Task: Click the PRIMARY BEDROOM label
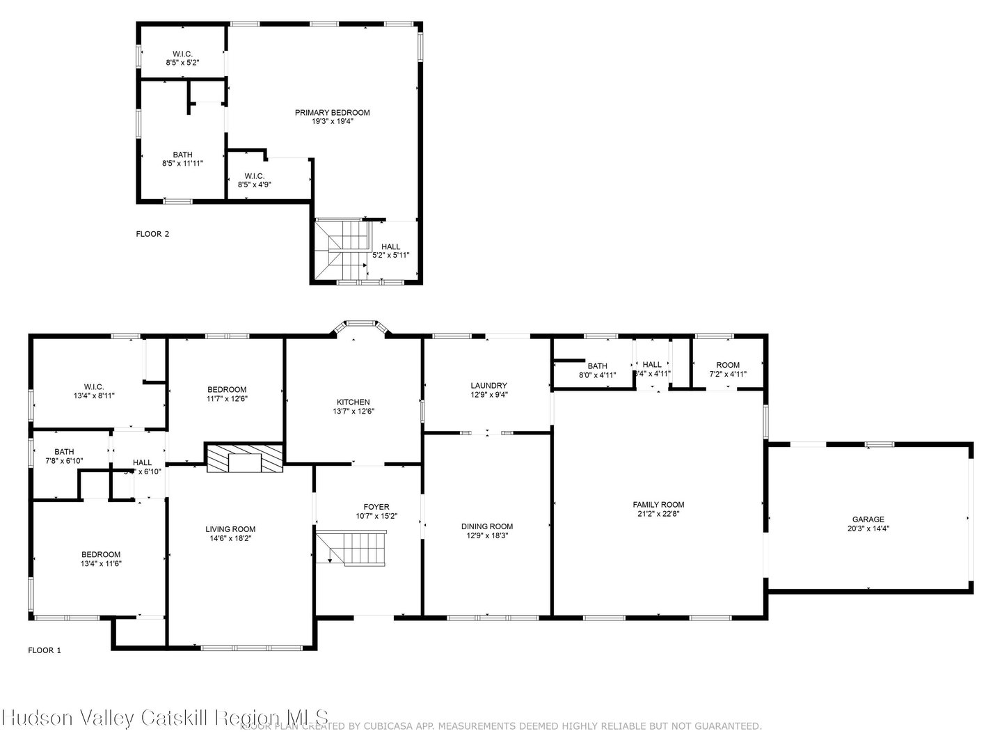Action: point(332,113)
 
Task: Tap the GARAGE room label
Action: point(868,519)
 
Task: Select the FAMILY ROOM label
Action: point(658,505)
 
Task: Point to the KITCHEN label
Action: point(353,402)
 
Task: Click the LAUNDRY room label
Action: point(488,386)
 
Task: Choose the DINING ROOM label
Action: point(487,527)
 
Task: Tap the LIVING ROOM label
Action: point(230,529)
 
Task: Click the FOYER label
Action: point(376,507)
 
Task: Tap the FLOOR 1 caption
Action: point(45,650)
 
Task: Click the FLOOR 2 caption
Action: point(152,234)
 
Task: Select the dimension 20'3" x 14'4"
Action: point(868,528)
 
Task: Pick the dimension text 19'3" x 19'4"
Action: point(332,122)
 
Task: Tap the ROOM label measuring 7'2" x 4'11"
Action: point(728,366)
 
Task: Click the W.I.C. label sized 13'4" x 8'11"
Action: point(94,387)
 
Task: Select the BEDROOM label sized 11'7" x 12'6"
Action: point(227,390)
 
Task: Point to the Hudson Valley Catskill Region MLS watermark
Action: point(165,718)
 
